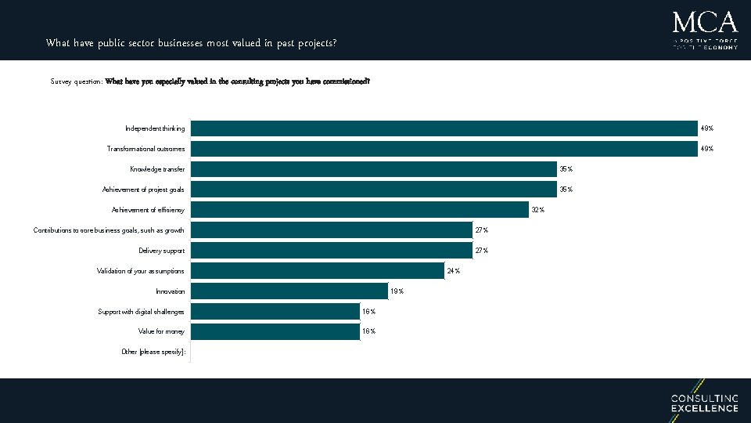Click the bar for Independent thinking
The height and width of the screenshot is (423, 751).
point(444,128)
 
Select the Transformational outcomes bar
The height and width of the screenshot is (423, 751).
point(444,149)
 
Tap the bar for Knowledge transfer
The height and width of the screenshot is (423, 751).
point(373,169)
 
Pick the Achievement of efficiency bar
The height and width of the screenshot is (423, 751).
point(359,209)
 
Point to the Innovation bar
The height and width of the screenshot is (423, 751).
point(289,291)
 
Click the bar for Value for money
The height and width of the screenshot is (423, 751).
point(275,331)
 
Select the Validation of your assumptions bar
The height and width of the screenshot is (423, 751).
point(317,270)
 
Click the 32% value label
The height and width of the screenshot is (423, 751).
point(538,210)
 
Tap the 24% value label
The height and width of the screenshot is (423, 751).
point(453,271)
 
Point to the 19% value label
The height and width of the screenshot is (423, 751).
point(397,291)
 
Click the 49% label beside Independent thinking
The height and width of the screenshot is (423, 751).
point(706,128)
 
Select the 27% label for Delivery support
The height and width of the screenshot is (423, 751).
point(481,251)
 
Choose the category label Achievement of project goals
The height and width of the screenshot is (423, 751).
point(143,190)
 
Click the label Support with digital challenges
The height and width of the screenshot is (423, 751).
point(141,312)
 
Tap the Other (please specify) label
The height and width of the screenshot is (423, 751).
point(153,352)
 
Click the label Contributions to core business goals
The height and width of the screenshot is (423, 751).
point(109,230)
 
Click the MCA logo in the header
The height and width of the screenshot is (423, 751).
point(704,30)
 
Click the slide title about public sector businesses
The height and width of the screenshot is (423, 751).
point(192,43)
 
